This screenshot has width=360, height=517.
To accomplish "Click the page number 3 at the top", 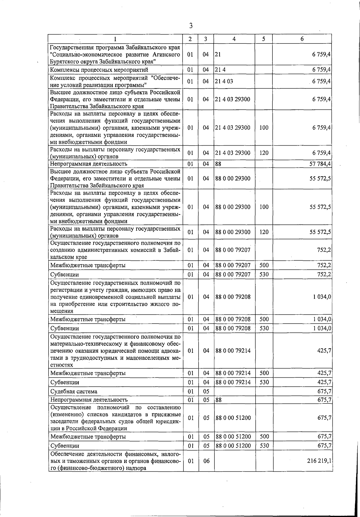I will click(x=191, y=26).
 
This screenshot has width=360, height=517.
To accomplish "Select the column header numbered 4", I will click(x=234, y=39).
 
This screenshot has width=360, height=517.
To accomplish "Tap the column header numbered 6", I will click(x=302, y=39).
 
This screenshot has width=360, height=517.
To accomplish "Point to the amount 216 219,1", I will click(x=319, y=461).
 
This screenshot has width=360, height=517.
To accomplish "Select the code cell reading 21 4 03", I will click(x=224, y=81).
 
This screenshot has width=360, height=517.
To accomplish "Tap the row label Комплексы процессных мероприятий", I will click(x=99, y=70).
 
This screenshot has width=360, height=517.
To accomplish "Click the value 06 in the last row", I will click(x=206, y=461).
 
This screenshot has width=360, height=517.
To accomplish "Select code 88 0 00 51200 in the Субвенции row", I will click(x=233, y=446).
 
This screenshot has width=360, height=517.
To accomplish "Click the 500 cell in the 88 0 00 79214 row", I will click(x=264, y=373).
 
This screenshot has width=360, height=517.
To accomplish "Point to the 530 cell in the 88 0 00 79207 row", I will click(x=264, y=274).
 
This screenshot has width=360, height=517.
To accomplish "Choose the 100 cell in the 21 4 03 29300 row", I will click(x=264, y=128).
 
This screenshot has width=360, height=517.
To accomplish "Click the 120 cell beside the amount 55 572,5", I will click(x=264, y=232).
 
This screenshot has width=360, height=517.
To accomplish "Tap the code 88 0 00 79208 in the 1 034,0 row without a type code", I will click(x=233, y=297).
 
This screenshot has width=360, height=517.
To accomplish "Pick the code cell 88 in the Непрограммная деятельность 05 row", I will click(x=218, y=400).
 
